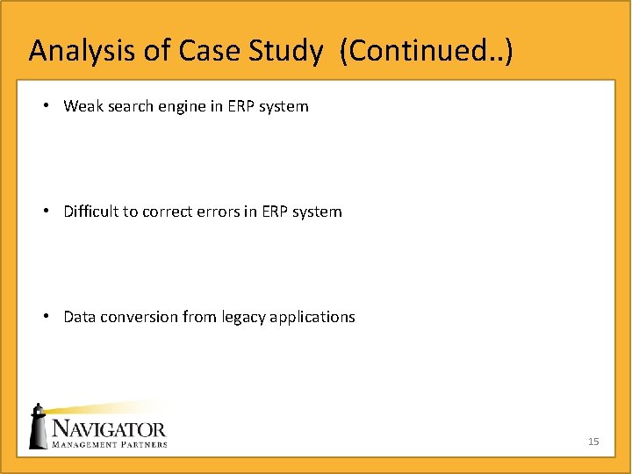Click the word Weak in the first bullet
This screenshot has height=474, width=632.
[83, 106]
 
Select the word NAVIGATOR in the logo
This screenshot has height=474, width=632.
[108, 429]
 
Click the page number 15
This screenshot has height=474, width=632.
[593, 442]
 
